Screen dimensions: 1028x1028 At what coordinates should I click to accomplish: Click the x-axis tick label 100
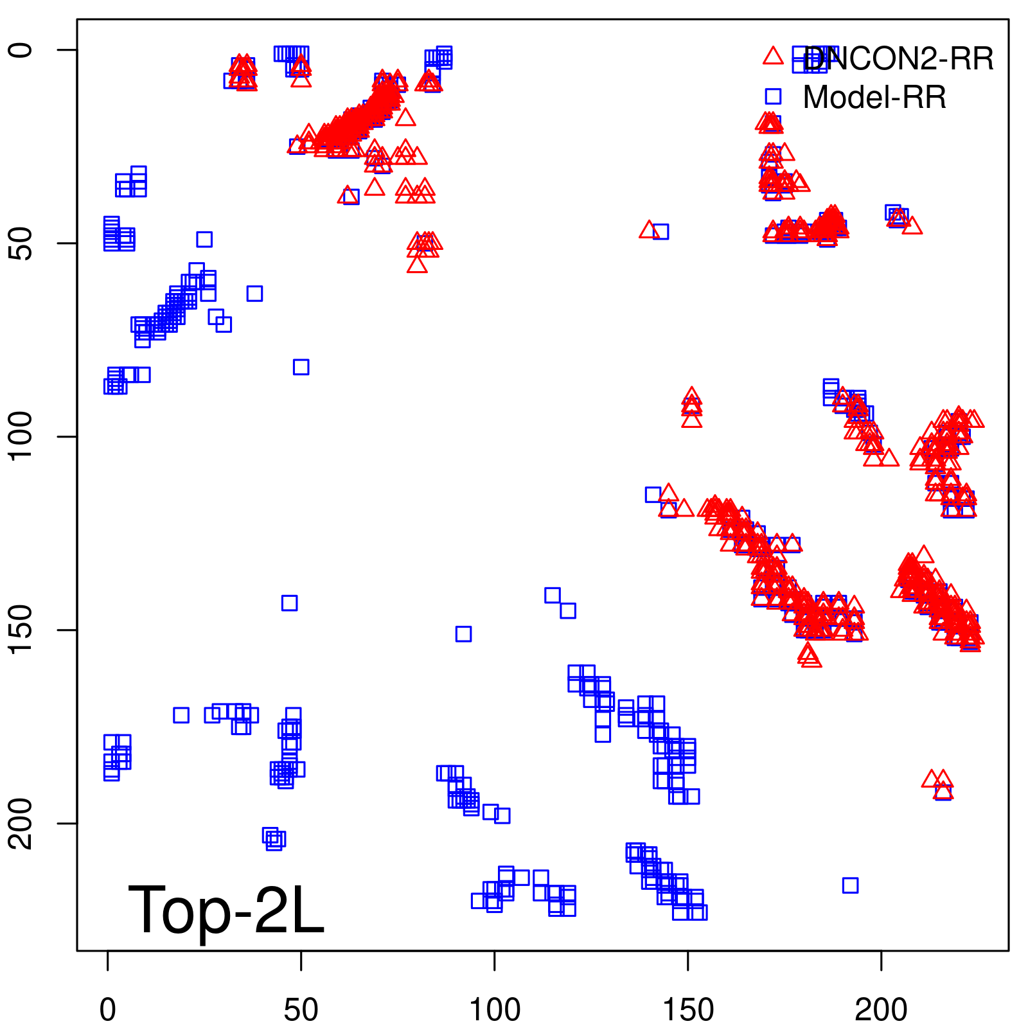(494, 1009)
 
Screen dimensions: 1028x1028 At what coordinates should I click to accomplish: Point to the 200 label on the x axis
(881, 1009)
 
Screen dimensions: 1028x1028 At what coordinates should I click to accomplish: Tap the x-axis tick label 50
(301, 1009)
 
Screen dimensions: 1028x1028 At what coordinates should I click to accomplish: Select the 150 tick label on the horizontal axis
(687, 1009)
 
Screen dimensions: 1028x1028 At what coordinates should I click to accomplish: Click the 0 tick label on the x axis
(108, 1009)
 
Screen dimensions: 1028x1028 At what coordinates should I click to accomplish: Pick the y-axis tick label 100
(21, 436)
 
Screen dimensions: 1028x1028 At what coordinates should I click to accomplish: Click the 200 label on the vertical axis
(21, 823)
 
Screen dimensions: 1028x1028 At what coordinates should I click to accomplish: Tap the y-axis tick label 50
(21, 243)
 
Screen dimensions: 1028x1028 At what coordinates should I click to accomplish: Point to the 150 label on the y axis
(21, 630)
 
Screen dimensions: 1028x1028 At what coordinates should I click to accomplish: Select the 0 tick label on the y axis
(21, 50)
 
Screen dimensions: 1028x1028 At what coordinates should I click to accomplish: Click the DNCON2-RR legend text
(898, 59)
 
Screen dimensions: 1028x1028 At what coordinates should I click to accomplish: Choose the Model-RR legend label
(874, 98)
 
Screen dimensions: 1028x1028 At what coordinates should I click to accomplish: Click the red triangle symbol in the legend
(773, 57)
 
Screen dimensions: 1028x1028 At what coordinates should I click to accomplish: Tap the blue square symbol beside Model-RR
(773, 96)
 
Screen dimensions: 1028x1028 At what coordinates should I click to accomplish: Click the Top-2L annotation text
(226, 909)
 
